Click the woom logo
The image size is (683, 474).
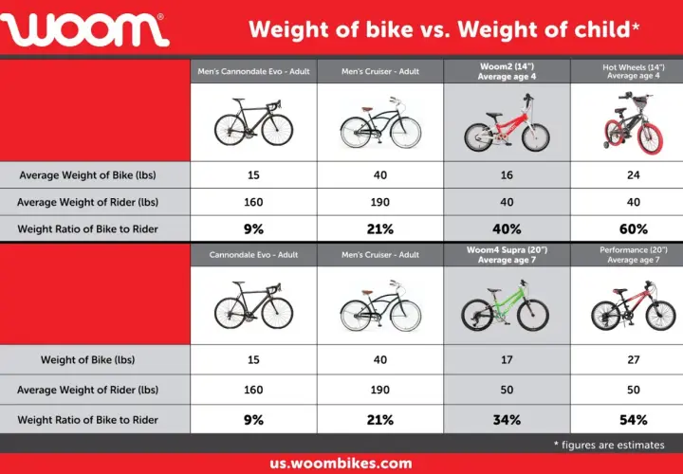click(84, 29)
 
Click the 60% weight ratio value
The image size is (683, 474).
click(633, 229)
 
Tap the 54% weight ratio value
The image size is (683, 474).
click(633, 420)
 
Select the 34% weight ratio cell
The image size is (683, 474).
click(507, 420)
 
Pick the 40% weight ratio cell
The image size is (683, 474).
click(507, 229)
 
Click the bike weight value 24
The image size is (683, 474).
click(633, 175)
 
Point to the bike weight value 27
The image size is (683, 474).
click(633, 359)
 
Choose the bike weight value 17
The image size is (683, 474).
click(507, 359)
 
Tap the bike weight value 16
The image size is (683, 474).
click(507, 175)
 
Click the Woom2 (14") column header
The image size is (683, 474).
click(507, 71)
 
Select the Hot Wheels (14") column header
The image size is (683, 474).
click(633, 71)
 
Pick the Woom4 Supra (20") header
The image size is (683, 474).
click(507, 255)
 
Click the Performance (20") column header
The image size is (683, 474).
click(633, 255)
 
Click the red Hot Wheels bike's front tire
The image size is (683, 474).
click(651, 138)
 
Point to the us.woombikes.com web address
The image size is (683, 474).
click(341, 464)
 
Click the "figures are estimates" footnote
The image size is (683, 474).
click(609, 445)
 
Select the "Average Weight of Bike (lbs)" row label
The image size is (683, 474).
click(87, 175)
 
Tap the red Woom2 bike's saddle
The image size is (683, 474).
click(494, 116)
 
